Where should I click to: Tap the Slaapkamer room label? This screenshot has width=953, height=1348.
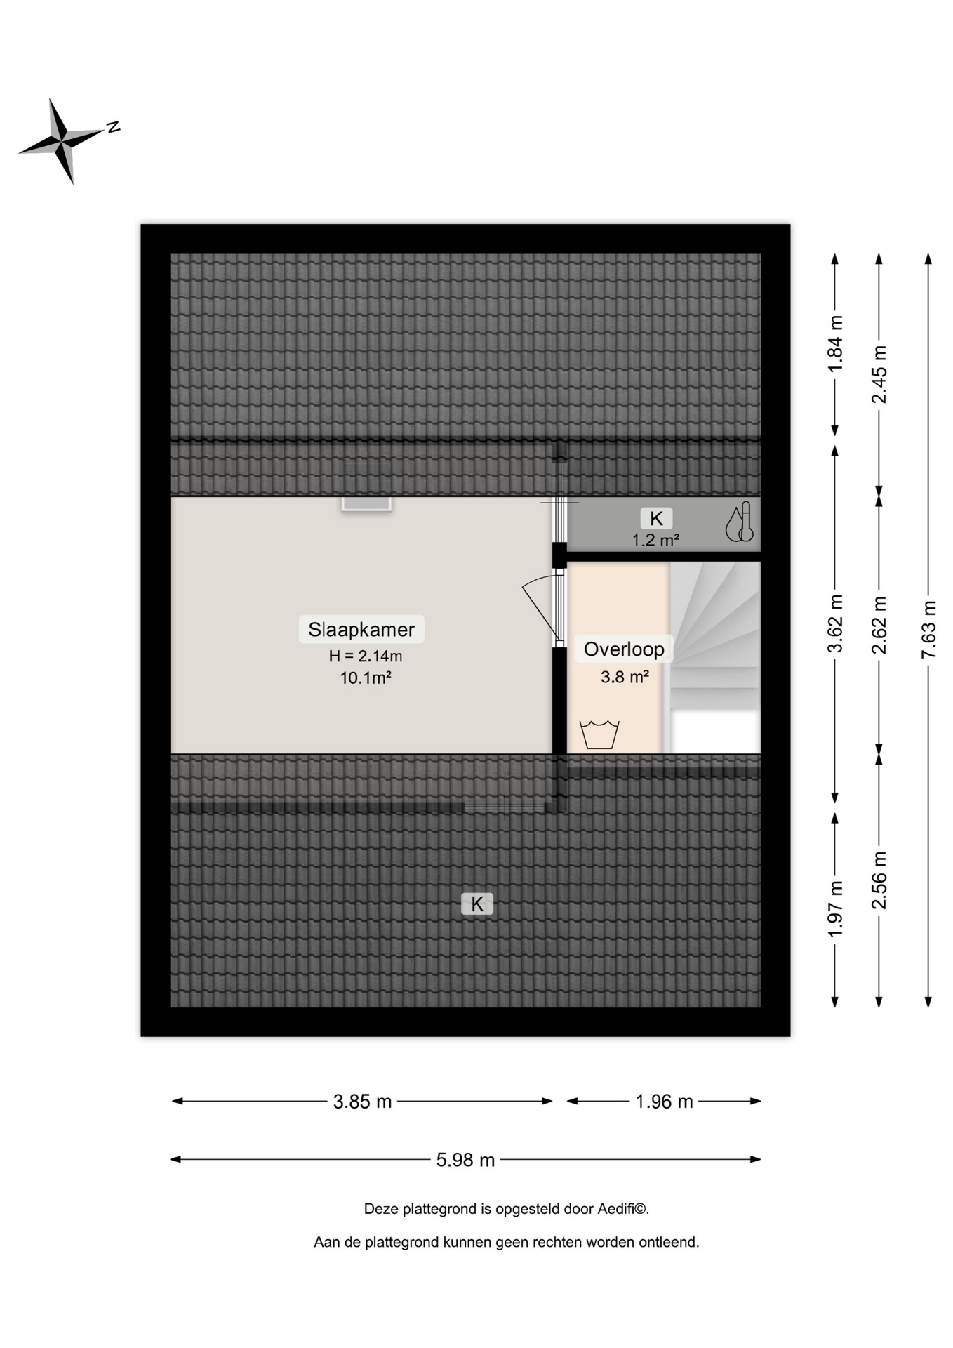(361, 629)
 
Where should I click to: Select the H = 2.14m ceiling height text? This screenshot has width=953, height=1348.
(366, 656)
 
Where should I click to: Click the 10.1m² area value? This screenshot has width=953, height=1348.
(366, 678)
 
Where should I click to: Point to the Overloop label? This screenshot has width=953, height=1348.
(624, 649)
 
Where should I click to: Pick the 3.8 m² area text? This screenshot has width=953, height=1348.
(625, 677)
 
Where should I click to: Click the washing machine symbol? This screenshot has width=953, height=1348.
(599, 734)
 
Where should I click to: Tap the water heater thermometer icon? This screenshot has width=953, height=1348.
(740, 522)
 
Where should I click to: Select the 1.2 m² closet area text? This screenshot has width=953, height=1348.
(655, 540)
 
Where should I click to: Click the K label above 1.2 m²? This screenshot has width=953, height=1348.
(656, 518)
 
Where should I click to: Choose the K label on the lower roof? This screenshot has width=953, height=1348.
(477, 904)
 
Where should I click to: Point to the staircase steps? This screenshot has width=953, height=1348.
(715, 635)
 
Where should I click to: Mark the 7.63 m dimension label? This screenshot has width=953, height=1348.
(928, 629)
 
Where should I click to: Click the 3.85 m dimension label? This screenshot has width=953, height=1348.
(362, 1102)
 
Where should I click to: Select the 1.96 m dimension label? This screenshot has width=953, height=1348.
(664, 1102)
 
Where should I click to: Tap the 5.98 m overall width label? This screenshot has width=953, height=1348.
(465, 1160)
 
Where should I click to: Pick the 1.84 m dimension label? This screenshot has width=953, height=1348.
(835, 344)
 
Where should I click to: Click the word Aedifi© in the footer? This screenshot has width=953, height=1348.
(623, 1209)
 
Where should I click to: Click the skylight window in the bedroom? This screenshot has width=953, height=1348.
(366, 503)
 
